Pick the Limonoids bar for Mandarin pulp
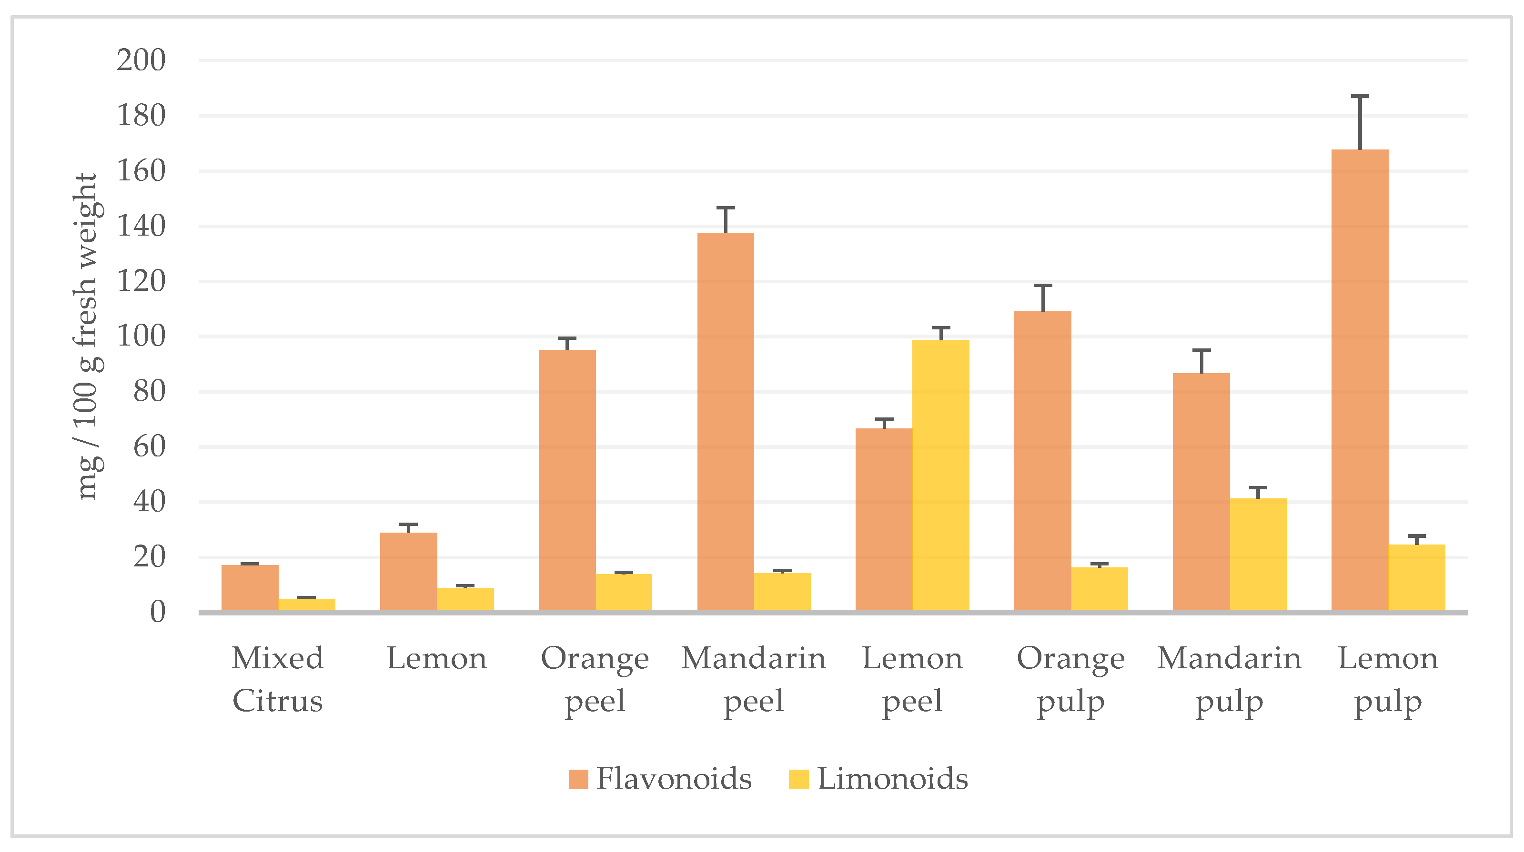pyautogui.click(x=1258, y=554)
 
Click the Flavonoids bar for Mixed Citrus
pyautogui.click(x=250, y=587)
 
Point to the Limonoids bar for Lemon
pyautogui.click(x=465, y=598)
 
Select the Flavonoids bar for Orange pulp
pyautogui.click(x=1042, y=461)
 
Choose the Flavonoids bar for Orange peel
pyautogui.click(x=567, y=479)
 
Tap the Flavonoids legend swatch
pyautogui.click(x=578, y=779)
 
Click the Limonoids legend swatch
pyautogui.click(x=798, y=779)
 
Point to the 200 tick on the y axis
pyautogui.click(x=141, y=60)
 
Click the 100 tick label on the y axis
pyautogui.click(x=141, y=337)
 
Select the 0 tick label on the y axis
pyautogui.click(x=157, y=612)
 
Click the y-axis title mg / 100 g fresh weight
pyautogui.click(x=87, y=337)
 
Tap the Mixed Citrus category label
pyautogui.click(x=277, y=679)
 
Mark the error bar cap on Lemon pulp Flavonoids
pyautogui.click(x=1360, y=96)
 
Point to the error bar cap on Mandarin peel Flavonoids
pyautogui.click(x=726, y=208)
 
